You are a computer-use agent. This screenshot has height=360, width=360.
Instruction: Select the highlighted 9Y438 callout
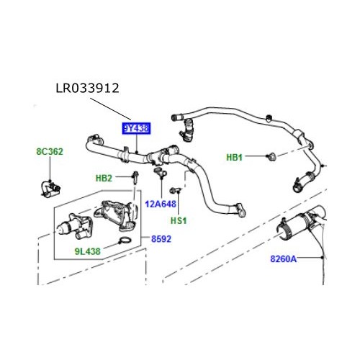tap(135, 129)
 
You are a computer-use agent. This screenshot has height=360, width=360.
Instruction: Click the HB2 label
tap(104, 177)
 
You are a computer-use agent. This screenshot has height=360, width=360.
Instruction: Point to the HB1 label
tap(236, 157)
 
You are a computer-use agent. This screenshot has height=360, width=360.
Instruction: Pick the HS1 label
tap(179, 220)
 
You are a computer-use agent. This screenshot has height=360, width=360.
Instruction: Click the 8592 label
tap(161, 237)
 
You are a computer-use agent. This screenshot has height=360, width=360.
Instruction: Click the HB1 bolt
tap(271, 156)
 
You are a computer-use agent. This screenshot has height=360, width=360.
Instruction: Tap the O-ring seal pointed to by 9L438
tap(125, 241)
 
